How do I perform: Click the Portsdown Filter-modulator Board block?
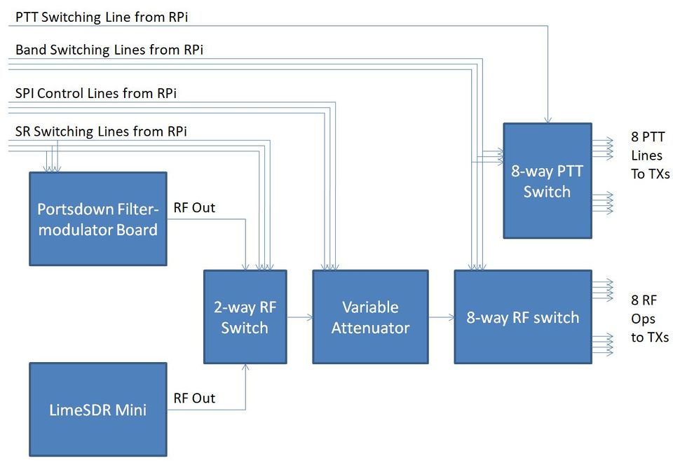[97, 218]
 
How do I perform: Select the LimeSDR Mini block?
[97, 410]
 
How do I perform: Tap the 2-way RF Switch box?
[245, 317]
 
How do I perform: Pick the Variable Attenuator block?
[370, 317]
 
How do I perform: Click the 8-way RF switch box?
[523, 317]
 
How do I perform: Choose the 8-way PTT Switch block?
[547, 181]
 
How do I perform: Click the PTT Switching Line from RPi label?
[102, 18]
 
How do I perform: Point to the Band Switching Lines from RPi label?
[109, 50]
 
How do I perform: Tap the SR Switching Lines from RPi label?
[101, 131]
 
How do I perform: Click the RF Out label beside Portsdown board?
[194, 208]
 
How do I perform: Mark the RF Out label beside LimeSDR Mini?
[194, 398]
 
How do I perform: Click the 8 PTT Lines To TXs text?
[649, 155]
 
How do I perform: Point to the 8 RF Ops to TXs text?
[649, 319]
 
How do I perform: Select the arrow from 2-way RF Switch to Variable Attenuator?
[300, 317]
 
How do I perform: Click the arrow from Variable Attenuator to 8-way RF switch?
[442, 317]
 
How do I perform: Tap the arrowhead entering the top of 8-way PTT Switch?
[547, 120]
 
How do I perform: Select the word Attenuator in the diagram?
[370, 327]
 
